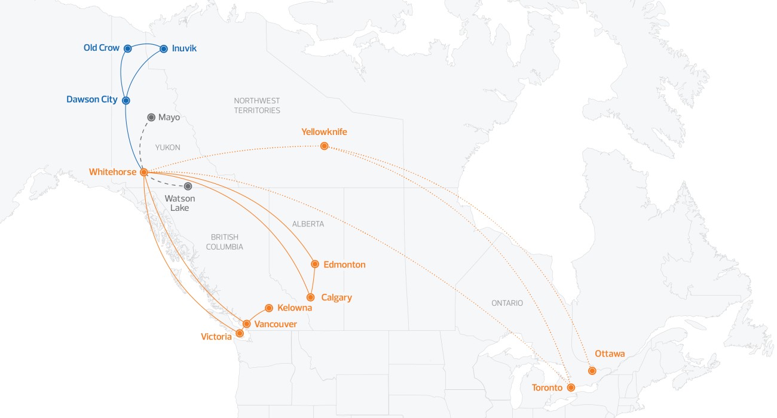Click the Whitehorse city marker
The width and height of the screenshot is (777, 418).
(x=143, y=172)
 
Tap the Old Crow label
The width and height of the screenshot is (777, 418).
(x=102, y=48)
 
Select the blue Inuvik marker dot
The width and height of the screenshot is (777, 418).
(x=164, y=49)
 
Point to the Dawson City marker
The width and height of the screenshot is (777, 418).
(x=126, y=100)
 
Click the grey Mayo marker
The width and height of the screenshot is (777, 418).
(x=151, y=118)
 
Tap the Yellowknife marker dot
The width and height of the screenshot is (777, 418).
(x=324, y=146)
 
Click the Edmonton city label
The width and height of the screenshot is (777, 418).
(x=344, y=265)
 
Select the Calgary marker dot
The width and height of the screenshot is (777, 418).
(x=310, y=297)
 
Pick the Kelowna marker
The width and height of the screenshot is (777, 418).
(x=269, y=308)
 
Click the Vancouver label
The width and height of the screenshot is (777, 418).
(x=276, y=324)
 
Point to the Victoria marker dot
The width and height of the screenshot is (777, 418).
(x=240, y=333)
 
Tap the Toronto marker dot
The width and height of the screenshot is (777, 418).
(x=571, y=388)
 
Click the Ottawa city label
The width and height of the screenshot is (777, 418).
(x=610, y=354)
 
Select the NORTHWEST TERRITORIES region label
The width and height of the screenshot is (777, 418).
(x=257, y=106)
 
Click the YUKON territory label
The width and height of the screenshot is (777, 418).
(x=167, y=147)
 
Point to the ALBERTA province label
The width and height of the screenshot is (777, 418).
(x=308, y=224)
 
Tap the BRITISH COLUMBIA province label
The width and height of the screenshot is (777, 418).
(x=224, y=242)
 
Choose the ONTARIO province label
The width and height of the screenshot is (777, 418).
(x=507, y=303)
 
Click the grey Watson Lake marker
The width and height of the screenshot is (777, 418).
(x=188, y=186)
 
